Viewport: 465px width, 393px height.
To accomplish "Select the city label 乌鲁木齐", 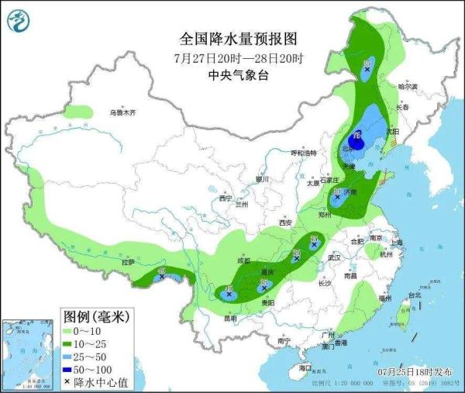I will click(122, 113).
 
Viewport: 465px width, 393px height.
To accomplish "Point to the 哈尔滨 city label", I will click(407, 86).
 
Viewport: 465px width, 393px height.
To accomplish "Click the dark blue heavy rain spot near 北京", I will click(357, 142).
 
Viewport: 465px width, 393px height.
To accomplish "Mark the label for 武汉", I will click(335, 257).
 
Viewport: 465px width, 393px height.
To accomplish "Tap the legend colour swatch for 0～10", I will click(72, 331).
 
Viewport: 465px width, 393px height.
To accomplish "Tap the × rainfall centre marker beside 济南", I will click(339, 198).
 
